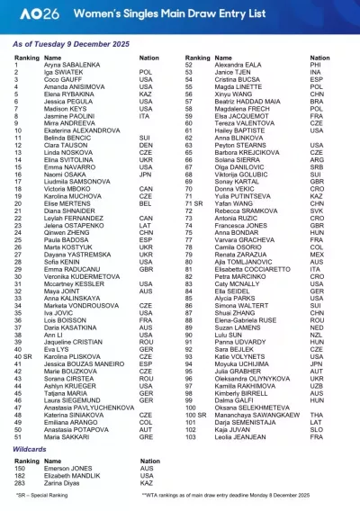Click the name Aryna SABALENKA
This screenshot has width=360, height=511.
(x=67, y=66)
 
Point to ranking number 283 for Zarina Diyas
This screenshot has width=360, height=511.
(x=20, y=481)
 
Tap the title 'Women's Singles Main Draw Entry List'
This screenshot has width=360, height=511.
(x=160, y=16)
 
